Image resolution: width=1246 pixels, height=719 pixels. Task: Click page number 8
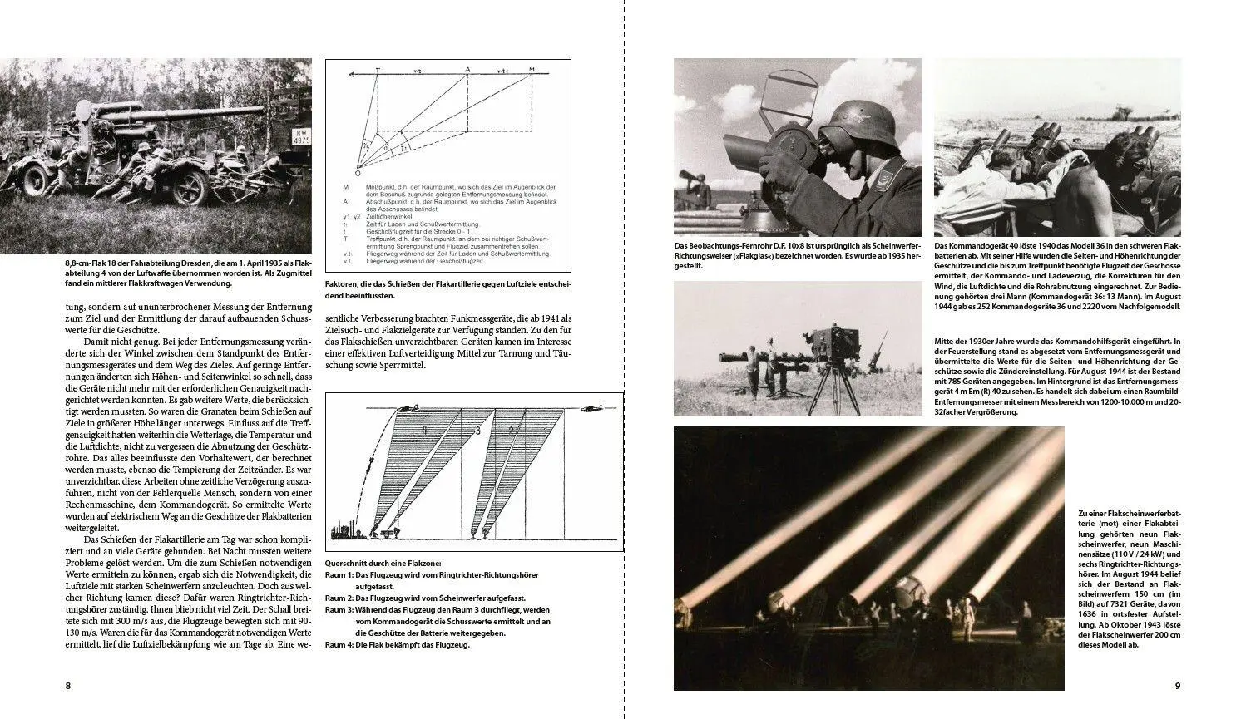[67, 686]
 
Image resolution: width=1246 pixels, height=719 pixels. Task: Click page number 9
[1177, 686]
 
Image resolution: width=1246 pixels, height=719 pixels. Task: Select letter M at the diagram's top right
[532, 70]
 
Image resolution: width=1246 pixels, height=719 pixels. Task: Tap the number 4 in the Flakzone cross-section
[423, 431]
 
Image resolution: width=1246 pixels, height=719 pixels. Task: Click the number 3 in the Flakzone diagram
[477, 431]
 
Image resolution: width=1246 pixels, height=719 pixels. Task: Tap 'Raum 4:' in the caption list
[339, 643]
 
